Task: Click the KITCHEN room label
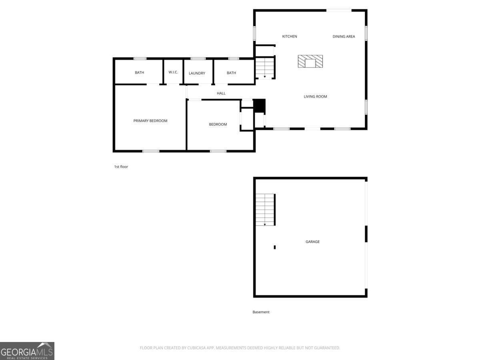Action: (x=289, y=36)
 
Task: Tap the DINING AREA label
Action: (x=344, y=36)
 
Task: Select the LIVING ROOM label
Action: (x=315, y=96)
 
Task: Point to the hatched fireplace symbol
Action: (x=310, y=61)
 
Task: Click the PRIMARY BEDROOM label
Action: (x=150, y=121)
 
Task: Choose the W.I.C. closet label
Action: (x=173, y=72)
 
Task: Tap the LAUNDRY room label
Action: (x=197, y=73)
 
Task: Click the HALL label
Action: (x=221, y=93)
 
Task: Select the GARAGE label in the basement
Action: (x=312, y=242)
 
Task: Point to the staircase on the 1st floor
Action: (x=265, y=67)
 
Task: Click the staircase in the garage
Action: (x=265, y=210)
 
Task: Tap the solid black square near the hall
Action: (x=259, y=106)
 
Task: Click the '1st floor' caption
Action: (x=121, y=166)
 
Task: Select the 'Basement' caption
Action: (x=261, y=312)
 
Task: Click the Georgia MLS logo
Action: (x=27, y=351)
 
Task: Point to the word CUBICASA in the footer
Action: (x=196, y=348)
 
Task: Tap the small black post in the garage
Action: (x=275, y=247)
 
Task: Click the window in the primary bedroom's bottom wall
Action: (x=151, y=151)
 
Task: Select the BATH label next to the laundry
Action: (x=231, y=73)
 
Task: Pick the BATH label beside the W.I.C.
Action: (x=139, y=72)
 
